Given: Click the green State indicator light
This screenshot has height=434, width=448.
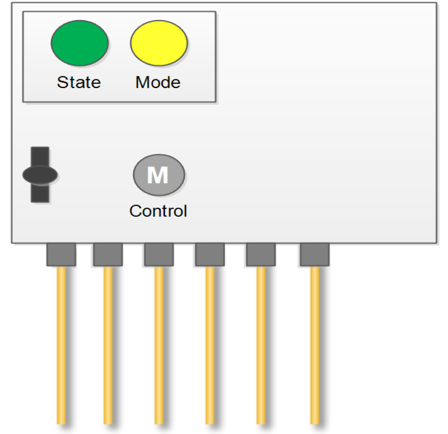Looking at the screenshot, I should (80, 43).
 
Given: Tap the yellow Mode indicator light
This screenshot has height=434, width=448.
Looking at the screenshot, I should (159, 43).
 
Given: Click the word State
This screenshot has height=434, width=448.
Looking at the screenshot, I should (79, 82).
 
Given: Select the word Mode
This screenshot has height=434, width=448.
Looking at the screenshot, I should (158, 82).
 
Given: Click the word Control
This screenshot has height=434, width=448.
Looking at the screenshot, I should (158, 211).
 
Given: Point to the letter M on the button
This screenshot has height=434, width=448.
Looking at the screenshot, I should (158, 175).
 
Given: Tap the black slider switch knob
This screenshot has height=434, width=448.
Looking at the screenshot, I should (40, 175).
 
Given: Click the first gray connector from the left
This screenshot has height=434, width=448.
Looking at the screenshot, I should (61, 254).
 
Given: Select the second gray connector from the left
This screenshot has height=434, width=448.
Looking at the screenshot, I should (108, 254).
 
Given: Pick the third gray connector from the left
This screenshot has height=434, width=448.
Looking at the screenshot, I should (158, 254).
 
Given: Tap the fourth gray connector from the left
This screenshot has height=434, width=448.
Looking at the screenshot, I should (209, 254).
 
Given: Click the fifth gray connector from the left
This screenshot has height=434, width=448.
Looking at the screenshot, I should (260, 254).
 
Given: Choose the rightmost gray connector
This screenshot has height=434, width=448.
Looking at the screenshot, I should (314, 254).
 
